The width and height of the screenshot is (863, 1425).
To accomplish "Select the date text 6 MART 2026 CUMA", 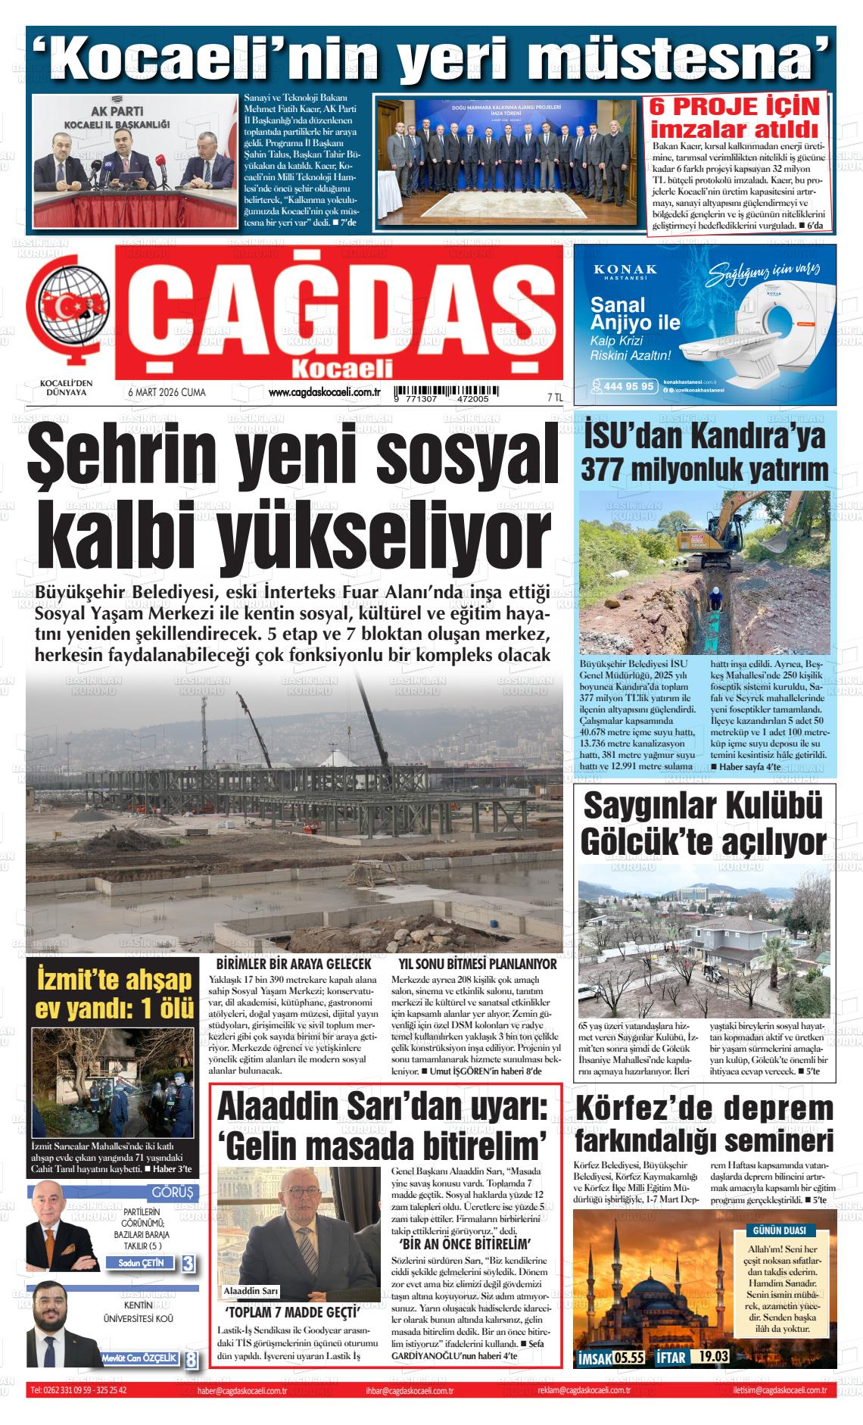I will (167, 393).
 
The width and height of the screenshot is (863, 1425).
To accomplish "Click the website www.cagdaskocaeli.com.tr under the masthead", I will (324, 391).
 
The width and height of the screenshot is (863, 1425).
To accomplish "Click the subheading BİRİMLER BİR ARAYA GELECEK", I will (294, 964).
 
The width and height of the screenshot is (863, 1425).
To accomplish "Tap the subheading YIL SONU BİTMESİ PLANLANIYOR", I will (478, 964).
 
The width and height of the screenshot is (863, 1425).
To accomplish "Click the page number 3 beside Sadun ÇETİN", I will (188, 1263).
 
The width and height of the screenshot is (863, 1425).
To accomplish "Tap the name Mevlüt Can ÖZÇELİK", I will (140, 1358).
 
